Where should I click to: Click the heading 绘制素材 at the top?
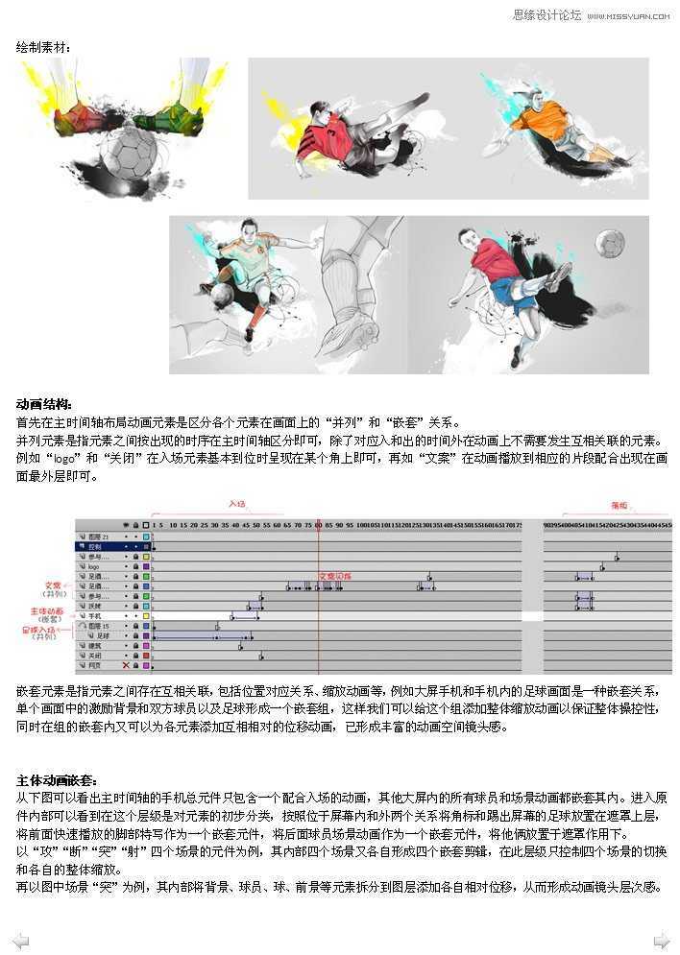(43, 45)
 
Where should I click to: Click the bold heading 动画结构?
(44, 404)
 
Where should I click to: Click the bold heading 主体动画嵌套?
(57, 780)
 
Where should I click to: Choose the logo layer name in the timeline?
(94, 566)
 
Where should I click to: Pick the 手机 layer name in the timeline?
(95, 615)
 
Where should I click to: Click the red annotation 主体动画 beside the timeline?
(48, 610)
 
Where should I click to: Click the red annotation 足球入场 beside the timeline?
(41, 631)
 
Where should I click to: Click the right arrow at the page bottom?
(661, 940)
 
